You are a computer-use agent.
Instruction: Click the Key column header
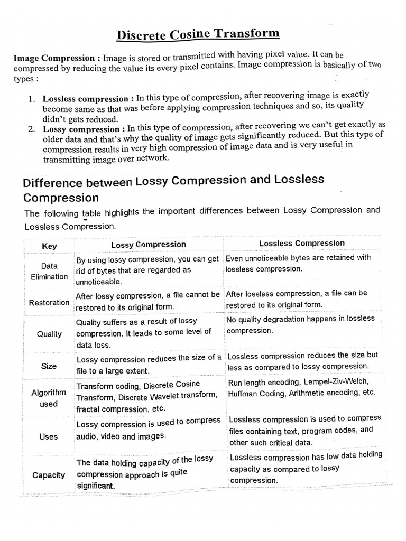[49, 246]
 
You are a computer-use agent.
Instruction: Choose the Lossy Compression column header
[149, 245]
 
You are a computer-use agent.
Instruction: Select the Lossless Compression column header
[301, 244]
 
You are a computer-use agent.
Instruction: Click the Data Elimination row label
[49, 272]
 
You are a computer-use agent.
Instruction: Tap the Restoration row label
[49, 303]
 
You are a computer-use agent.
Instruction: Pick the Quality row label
[49, 334]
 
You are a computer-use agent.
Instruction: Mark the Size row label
[49, 366]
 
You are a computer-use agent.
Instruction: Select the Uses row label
[49, 437]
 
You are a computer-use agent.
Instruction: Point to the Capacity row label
[49, 475]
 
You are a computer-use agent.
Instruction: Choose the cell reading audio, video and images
[121, 436]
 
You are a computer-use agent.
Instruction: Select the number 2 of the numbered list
[32, 129]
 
